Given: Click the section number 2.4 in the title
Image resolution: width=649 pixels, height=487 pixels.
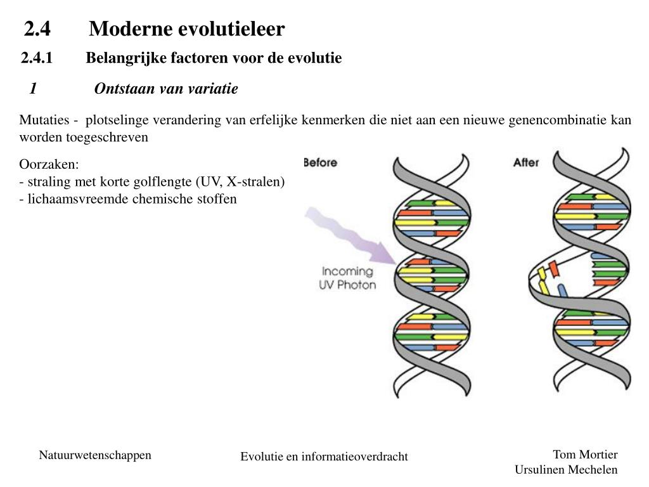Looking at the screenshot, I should click(x=37, y=29).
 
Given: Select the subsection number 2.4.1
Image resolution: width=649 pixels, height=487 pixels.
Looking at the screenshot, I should click(x=36, y=58).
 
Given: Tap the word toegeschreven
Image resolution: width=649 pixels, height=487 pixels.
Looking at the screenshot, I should click(x=107, y=137).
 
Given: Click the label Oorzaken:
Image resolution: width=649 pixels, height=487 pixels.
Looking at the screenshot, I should click(x=49, y=164).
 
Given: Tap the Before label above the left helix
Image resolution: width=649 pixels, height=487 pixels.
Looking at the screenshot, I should click(x=320, y=162).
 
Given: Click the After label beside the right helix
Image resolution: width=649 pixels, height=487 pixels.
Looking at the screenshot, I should click(x=525, y=162).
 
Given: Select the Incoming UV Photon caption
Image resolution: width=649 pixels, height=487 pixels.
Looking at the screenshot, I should click(x=347, y=278).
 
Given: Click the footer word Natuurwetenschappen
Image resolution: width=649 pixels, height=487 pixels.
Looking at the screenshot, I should click(x=95, y=455).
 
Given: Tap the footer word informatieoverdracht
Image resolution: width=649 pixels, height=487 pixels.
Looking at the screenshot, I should click(x=354, y=457).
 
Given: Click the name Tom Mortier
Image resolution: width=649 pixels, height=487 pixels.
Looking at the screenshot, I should click(x=585, y=454).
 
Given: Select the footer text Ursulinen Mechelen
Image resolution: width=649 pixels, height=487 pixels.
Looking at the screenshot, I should click(x=566, y=470).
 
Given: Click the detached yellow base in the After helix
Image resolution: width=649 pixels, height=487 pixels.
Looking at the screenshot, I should click(x=544, y=280).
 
